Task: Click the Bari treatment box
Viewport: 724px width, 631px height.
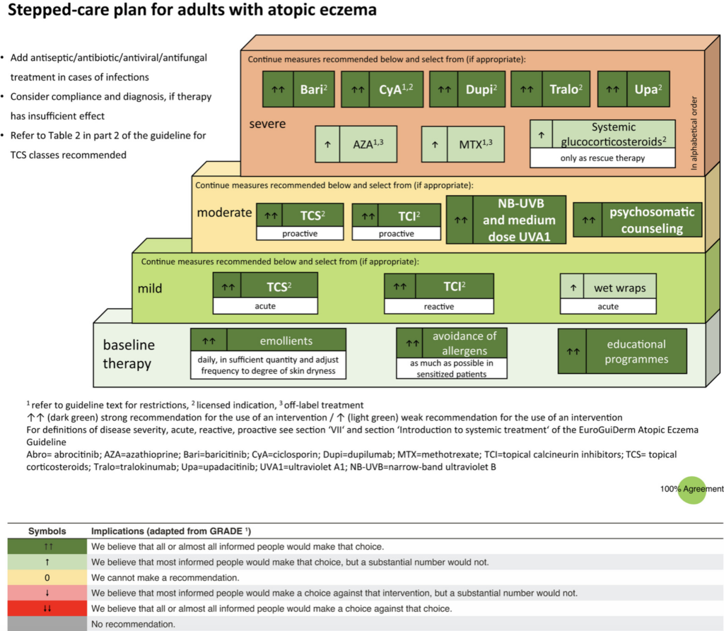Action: [x=298, y=89]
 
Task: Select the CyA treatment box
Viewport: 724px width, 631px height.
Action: [x=383, y=89]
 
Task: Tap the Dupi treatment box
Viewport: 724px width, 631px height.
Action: [x=467, y=89]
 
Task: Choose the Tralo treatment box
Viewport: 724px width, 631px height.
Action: [x=550, y=89]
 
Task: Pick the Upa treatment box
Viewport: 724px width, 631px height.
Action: [x=633, y=89]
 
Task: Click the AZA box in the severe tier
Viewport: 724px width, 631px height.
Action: [x=356, y=144]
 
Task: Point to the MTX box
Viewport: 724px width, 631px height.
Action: [x=462, y=144]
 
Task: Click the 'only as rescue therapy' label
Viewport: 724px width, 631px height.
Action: [x=602, y=158]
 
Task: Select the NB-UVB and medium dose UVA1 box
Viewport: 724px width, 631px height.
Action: [x=506, y=220]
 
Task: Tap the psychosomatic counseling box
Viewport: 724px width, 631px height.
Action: [x=638, y=220]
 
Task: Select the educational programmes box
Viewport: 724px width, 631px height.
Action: [x=622, y=351]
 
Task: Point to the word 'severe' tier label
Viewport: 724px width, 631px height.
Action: [x=267, y=124]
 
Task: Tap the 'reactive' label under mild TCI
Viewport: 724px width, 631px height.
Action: [x=439, y=307]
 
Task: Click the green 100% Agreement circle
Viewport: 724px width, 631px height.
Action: [x=692, y=490]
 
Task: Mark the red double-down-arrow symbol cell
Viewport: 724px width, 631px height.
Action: [x=47, y=608]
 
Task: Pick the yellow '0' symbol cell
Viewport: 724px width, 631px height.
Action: [x=47, y=577]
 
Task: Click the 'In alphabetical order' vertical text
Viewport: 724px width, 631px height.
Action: [x=694, y=133]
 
